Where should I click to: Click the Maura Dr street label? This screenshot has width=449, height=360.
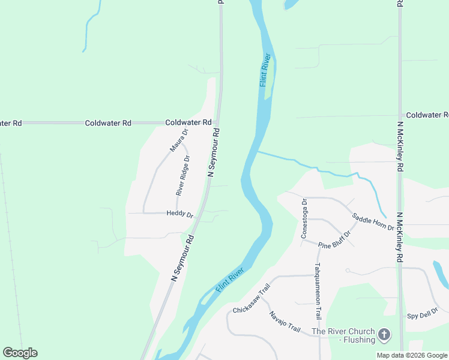[179, 139]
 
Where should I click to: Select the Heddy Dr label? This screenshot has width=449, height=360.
[179, 214]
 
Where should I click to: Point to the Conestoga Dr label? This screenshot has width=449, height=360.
[304, 218]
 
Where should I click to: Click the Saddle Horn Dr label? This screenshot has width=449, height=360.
[372, 223]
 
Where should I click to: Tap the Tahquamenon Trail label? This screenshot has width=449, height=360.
[318, 291]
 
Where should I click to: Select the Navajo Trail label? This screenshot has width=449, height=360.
[284, 321]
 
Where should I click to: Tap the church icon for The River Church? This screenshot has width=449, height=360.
[384, 334]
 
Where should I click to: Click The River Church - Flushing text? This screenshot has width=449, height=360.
[343, 335]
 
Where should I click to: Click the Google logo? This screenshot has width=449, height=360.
[20, 353]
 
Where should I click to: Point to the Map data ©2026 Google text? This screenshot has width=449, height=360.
[412, 355]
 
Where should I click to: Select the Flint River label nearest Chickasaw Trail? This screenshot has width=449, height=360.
[229, 280]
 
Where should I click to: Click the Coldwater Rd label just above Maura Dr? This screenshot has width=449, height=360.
[188, 122]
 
